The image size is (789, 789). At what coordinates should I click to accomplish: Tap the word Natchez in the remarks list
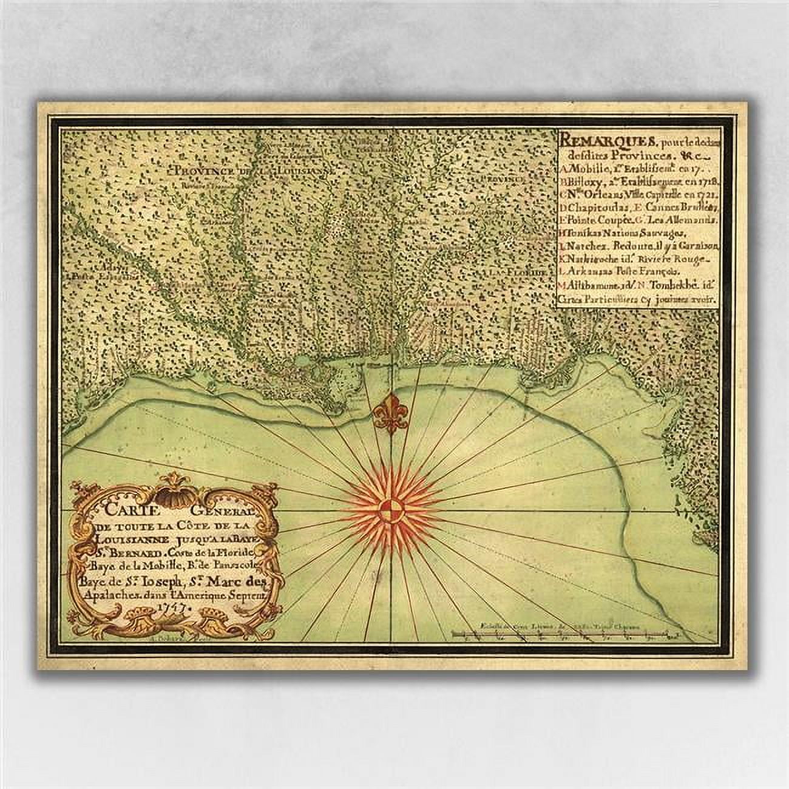[586, 246]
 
